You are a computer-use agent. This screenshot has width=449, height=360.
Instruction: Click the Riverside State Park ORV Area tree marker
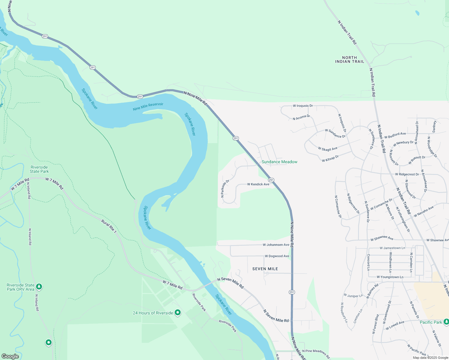pyautogui.click(x=39, y=287)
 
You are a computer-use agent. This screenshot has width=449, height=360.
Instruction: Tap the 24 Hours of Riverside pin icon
pyautogui.click(x=178, y=313)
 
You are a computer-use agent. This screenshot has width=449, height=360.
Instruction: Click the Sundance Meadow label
pyautogui.click(x=279, y=162)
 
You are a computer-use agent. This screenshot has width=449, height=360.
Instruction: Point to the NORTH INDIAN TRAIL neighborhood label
pyautogui.click(x=350, y=59)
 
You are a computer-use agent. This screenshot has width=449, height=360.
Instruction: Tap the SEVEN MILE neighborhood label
pyautogui.click(x=265, y=269)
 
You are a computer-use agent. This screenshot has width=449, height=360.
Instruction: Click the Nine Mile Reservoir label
pyautogui.click(x=148, y=106)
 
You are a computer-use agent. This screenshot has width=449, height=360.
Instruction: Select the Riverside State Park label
pyautogui.click(x=39, y=169)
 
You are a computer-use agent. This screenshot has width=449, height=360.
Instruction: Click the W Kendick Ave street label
pyautogui.click(x=258, y=184)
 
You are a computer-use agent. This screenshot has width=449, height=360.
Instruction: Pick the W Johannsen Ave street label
pyautogui.click(x=276, y=245)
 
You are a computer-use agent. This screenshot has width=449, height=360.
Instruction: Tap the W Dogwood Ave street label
pyautogui.click(x=277, y=256)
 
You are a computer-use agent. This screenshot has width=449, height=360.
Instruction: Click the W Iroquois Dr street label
pyautogui.click(x=303, y=106)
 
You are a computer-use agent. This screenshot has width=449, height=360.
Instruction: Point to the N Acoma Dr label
pyautogui.click(x=301, y=117)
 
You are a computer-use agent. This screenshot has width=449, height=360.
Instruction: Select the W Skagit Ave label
pyautogui.click(x=328, y=149)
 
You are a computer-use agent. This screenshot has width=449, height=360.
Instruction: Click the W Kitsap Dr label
pyautogui.click(x=330, y=159)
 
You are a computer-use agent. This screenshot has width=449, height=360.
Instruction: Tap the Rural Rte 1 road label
pyautogui.click(x=109, y=226)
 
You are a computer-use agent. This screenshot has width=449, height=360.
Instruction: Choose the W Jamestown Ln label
pyautogui.click(x=392, y=248)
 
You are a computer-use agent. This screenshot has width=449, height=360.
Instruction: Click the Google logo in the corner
pyautogui.click(x=10, y=356)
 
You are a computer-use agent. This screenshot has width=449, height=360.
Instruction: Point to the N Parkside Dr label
pyautogui.click(x=225, y=188)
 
